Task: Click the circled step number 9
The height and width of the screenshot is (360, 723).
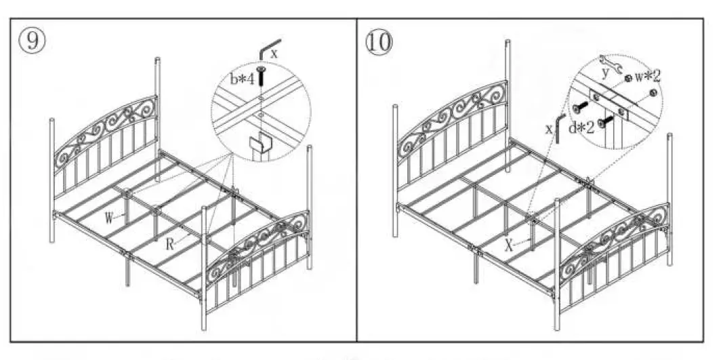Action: click(32, 40)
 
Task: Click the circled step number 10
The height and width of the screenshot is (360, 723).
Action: click(379, 41)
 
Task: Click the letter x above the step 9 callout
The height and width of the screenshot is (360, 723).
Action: click(274, 52)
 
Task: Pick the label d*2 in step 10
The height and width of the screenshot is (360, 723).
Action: click(582, 127)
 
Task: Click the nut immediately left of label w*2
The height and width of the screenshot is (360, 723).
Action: click(630, 79)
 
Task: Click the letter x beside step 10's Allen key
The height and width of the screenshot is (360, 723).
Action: click(550, 127)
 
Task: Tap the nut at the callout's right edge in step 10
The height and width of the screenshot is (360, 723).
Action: click(652, 92)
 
